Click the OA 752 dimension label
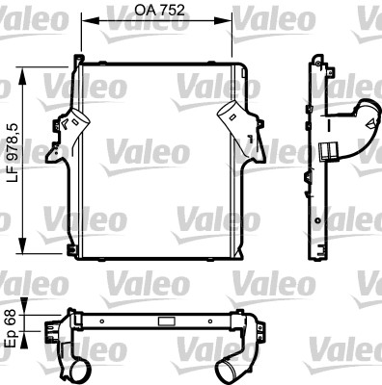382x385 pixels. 159,11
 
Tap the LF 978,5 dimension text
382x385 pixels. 14,153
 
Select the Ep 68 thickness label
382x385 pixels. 12,328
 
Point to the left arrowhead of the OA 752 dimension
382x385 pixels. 88,21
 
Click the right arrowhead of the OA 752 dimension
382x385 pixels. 226,21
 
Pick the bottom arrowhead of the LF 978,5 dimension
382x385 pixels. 22,245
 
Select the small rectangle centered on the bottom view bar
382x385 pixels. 167,321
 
